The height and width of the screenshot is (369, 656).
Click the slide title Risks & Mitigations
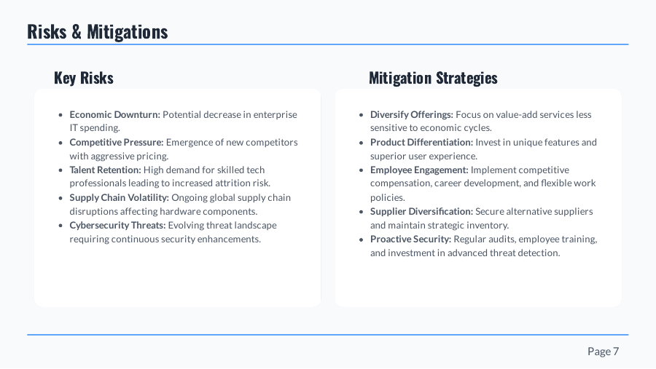point(97,32)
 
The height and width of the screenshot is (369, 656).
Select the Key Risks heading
point(84,78)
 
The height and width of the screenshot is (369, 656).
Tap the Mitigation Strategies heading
point(433,78)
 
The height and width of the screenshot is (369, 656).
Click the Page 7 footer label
point(603,352)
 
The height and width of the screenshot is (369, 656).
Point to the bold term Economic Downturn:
point(114,115)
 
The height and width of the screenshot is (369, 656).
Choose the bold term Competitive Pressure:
point(117,143)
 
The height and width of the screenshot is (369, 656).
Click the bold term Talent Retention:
point(105,170)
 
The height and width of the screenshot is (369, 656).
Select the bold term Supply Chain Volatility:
point(119,198)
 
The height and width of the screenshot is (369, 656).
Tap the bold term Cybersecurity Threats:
point(117,226)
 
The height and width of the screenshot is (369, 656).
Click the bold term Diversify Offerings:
point(411,115)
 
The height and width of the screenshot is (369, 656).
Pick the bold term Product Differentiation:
point(421,143)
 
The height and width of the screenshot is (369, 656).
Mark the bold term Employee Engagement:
point(419,170)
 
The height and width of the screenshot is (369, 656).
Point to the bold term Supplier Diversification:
point(421,212)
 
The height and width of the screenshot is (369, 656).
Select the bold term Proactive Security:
point(410,239)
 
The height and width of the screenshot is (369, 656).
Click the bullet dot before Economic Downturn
point(60,115)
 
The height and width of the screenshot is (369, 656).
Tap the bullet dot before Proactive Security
point(362,239)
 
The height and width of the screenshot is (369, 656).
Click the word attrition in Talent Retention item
point(230,184)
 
